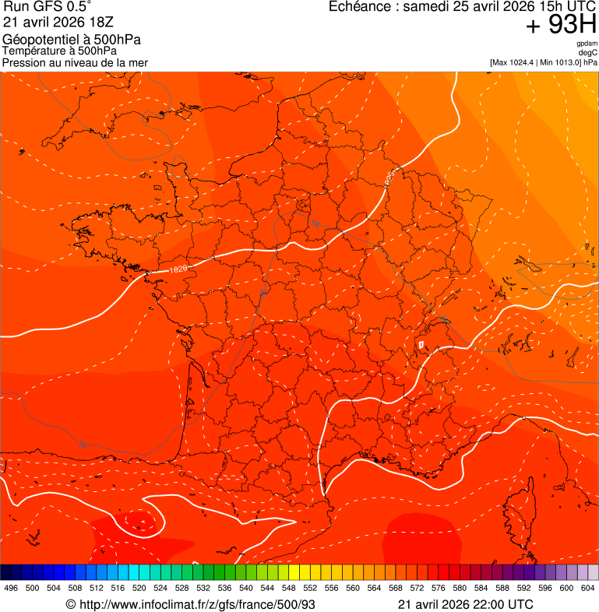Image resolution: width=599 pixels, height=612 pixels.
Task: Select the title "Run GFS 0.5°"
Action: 48,7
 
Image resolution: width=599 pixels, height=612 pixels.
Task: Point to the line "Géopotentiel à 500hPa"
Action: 72,40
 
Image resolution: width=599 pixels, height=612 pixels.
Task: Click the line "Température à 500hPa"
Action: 60,51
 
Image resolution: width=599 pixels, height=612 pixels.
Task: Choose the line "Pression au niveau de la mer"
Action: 75,62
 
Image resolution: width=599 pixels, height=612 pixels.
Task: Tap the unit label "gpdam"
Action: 587,44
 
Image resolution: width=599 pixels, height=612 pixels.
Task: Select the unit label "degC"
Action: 588,52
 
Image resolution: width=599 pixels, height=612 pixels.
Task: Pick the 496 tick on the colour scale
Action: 11,589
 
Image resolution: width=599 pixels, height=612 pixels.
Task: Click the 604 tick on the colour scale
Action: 588,589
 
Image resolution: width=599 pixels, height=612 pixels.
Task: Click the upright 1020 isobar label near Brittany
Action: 178,268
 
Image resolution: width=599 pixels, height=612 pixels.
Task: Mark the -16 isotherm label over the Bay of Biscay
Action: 83,445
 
